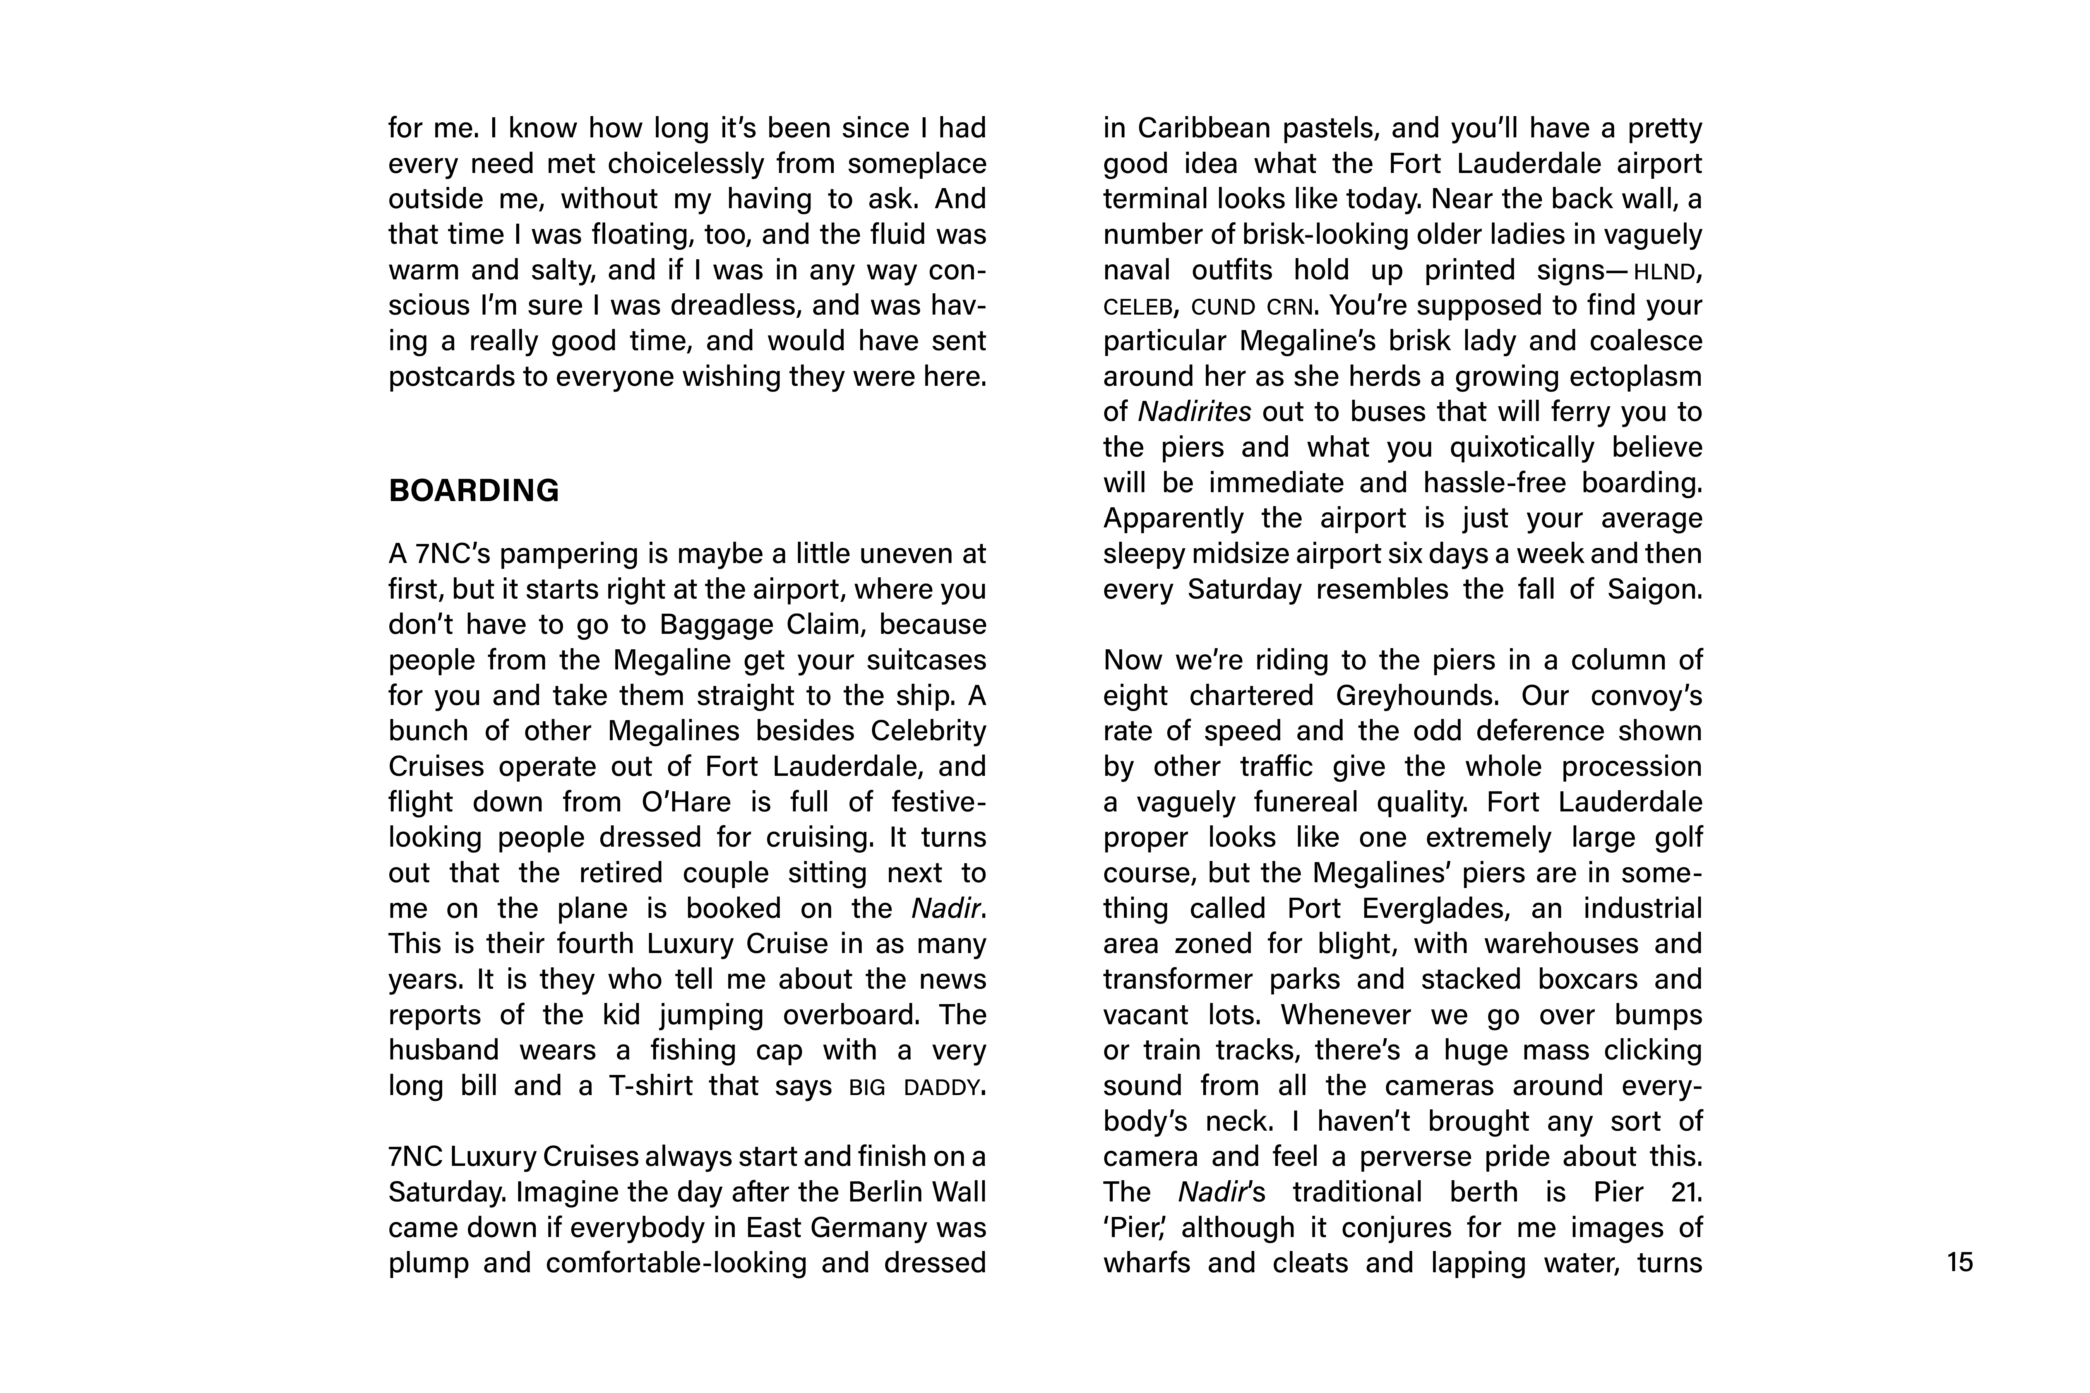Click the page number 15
pyautogui.click(x=1959, y=1262)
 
